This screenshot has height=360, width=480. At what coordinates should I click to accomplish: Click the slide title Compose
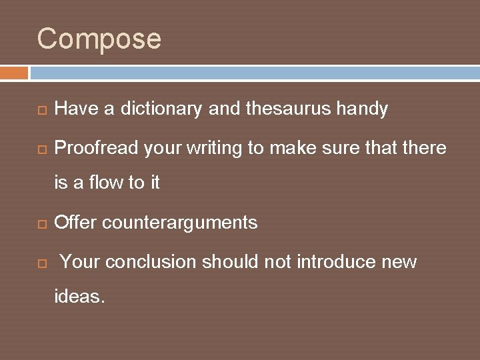tap(99, 39)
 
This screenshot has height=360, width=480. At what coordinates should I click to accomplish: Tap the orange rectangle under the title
tap(14, 73)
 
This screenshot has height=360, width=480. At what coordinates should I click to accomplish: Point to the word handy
tap(364, 109)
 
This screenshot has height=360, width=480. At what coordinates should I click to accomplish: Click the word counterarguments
tap(179, 223)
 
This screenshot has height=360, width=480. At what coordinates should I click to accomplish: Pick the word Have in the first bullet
tap(75, 109)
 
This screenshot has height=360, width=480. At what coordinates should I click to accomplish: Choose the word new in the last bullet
tap(399, 262)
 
